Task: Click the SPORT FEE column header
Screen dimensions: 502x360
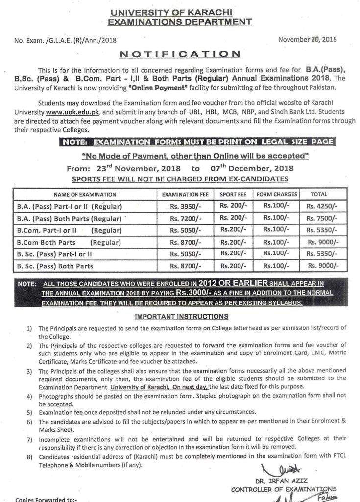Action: pos(233,195)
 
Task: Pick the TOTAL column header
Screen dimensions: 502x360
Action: pos(319,194)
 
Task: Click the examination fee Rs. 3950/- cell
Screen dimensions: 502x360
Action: pos(185,206)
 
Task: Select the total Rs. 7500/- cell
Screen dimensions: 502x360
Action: pos(322,218)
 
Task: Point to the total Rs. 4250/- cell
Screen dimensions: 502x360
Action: pos(322,206)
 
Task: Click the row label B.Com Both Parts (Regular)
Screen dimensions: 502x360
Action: pos(69,242)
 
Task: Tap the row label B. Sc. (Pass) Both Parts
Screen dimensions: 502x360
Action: pos(55,266)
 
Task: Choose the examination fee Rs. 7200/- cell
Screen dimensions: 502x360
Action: pos(185,218)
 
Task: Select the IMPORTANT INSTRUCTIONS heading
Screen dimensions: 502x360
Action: pos(181,316)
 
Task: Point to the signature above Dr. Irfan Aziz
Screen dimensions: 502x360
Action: pos(274,470)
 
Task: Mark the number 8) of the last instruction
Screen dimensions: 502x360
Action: pos(29,456)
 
